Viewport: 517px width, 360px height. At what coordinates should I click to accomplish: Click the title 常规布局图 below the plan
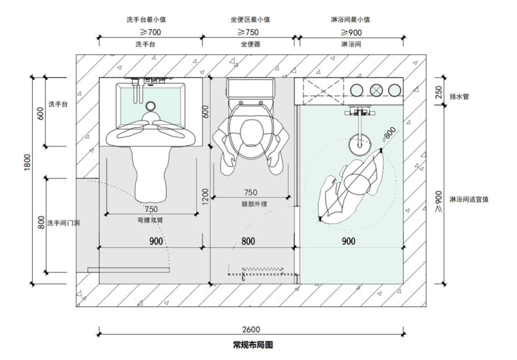coord(252,345)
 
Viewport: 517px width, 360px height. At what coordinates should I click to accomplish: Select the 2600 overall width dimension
coord(251,329)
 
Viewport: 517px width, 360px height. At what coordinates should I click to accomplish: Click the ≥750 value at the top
coord(248,32)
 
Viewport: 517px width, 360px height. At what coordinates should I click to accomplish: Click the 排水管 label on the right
coord(459,97)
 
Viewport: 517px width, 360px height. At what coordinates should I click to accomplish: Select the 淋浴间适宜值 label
coord(469,199)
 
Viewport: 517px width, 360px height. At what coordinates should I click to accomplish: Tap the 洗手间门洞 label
coord(63,223)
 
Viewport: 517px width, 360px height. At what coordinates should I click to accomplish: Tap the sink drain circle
coord(151,106)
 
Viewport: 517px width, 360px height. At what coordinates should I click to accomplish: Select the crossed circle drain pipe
coord(375,90)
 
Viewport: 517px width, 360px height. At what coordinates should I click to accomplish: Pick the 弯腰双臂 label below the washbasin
coord(151,220)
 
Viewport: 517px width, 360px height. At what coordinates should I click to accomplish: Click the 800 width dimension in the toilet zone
coord(248,242)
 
